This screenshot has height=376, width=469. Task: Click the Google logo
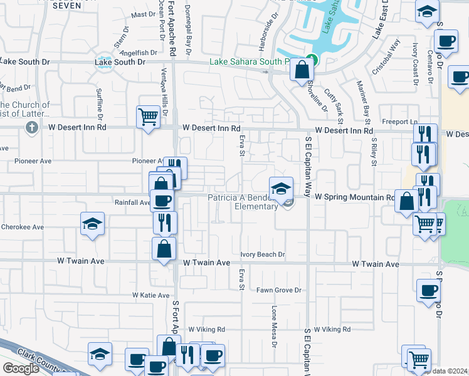click(x=21, y=368)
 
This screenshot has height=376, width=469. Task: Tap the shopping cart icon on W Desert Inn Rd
click(x=148, y=116)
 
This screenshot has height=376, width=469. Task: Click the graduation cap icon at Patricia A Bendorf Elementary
click(x=281, y=187)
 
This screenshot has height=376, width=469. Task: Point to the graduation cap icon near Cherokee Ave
click(x=92, y=224)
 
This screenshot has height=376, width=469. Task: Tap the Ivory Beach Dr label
click(x=263, y=254)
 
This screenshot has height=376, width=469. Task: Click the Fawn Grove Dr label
click(x=279, y=290)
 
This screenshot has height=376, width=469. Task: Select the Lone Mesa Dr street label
click(x=274, y=326)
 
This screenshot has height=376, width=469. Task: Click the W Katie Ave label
click(x=151, y=295)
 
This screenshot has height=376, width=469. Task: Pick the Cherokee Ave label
click(x=23, y=227)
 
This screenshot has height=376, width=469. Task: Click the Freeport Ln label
click(x=399, y=121)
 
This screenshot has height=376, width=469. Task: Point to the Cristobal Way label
click(x=386, y=58)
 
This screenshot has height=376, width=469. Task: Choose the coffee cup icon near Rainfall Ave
click(x=162, y=201)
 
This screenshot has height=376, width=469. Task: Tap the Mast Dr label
click(x=144, y=14)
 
